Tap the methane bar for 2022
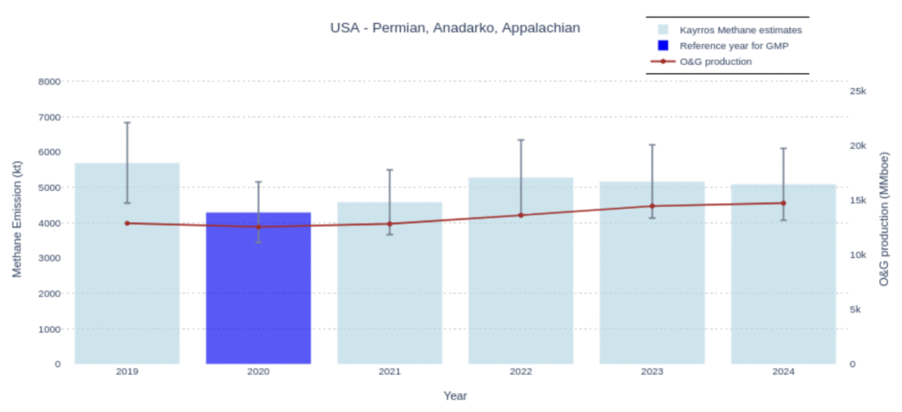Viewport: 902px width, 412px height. click(521, 282)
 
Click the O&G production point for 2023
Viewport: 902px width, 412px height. click(652, 206)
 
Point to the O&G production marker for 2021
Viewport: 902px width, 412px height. click(389, 224)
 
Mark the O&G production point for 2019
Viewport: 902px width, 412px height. click(127, 223)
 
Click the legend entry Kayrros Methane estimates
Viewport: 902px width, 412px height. click(740, 30)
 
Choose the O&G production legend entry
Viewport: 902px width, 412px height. click(715, 62)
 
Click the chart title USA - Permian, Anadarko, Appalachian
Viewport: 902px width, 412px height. click(455, 28)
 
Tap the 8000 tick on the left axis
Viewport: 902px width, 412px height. click(49, 81)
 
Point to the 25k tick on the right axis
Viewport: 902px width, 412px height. click(857, 92)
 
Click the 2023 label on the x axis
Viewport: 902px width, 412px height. click(652, 372)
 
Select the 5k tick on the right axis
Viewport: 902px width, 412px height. click(854, 309)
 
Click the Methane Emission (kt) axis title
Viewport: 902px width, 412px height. click(17, 220)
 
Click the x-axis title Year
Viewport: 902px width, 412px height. click(455, 396)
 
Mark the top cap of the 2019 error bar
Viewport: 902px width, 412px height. click(127, 122)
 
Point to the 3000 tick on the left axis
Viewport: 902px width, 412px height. click(49, 258)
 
